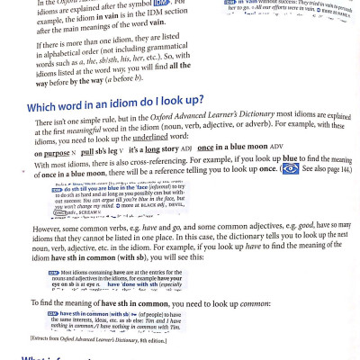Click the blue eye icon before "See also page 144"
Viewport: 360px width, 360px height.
tap(290, 168)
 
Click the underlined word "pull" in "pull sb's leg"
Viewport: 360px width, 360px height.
tap(87, 153)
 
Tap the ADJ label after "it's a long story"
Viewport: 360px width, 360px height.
tap(186, 148)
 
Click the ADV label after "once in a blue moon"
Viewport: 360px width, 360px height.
tap(276, 147)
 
